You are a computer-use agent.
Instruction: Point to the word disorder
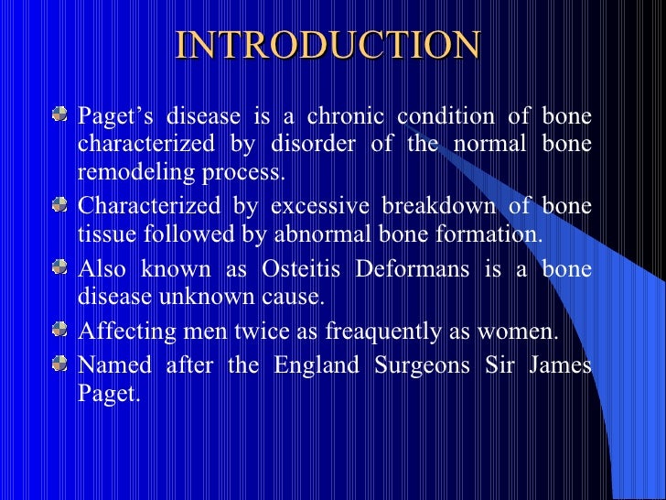coord(306,145)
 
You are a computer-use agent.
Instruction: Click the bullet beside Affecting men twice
coord(59,330)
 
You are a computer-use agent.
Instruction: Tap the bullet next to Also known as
coord(59,267)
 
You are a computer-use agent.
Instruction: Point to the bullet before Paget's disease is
coord(59,116)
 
